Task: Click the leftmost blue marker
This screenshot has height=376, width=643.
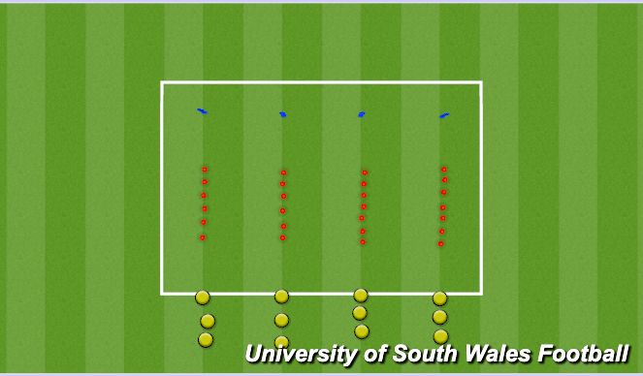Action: point(202,111)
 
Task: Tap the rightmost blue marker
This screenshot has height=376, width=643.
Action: point(444,116)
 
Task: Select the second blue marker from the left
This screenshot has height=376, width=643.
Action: point(283,114)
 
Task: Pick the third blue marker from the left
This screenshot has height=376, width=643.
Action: point(362,114)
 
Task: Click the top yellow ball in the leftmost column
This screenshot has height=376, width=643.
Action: point(202,298)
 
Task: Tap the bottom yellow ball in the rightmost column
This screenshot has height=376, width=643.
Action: point(441,335)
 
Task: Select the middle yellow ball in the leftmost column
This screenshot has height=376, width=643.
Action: point(207,321)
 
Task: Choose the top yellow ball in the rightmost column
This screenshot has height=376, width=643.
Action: point(439,298)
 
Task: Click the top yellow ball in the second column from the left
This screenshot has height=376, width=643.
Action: point(281,297)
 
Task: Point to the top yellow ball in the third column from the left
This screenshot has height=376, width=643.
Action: point(361,295)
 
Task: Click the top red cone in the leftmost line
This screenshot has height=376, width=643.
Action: point(205,170)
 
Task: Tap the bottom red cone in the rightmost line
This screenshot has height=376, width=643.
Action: point(440,243)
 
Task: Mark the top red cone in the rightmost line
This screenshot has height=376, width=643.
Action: point(443,169)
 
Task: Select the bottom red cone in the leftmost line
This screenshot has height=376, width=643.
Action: point(202,237)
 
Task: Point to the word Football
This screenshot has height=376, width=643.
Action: point(581,353)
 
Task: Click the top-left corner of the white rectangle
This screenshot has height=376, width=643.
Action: point(162,83)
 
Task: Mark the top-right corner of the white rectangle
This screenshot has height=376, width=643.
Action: point(481,83)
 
